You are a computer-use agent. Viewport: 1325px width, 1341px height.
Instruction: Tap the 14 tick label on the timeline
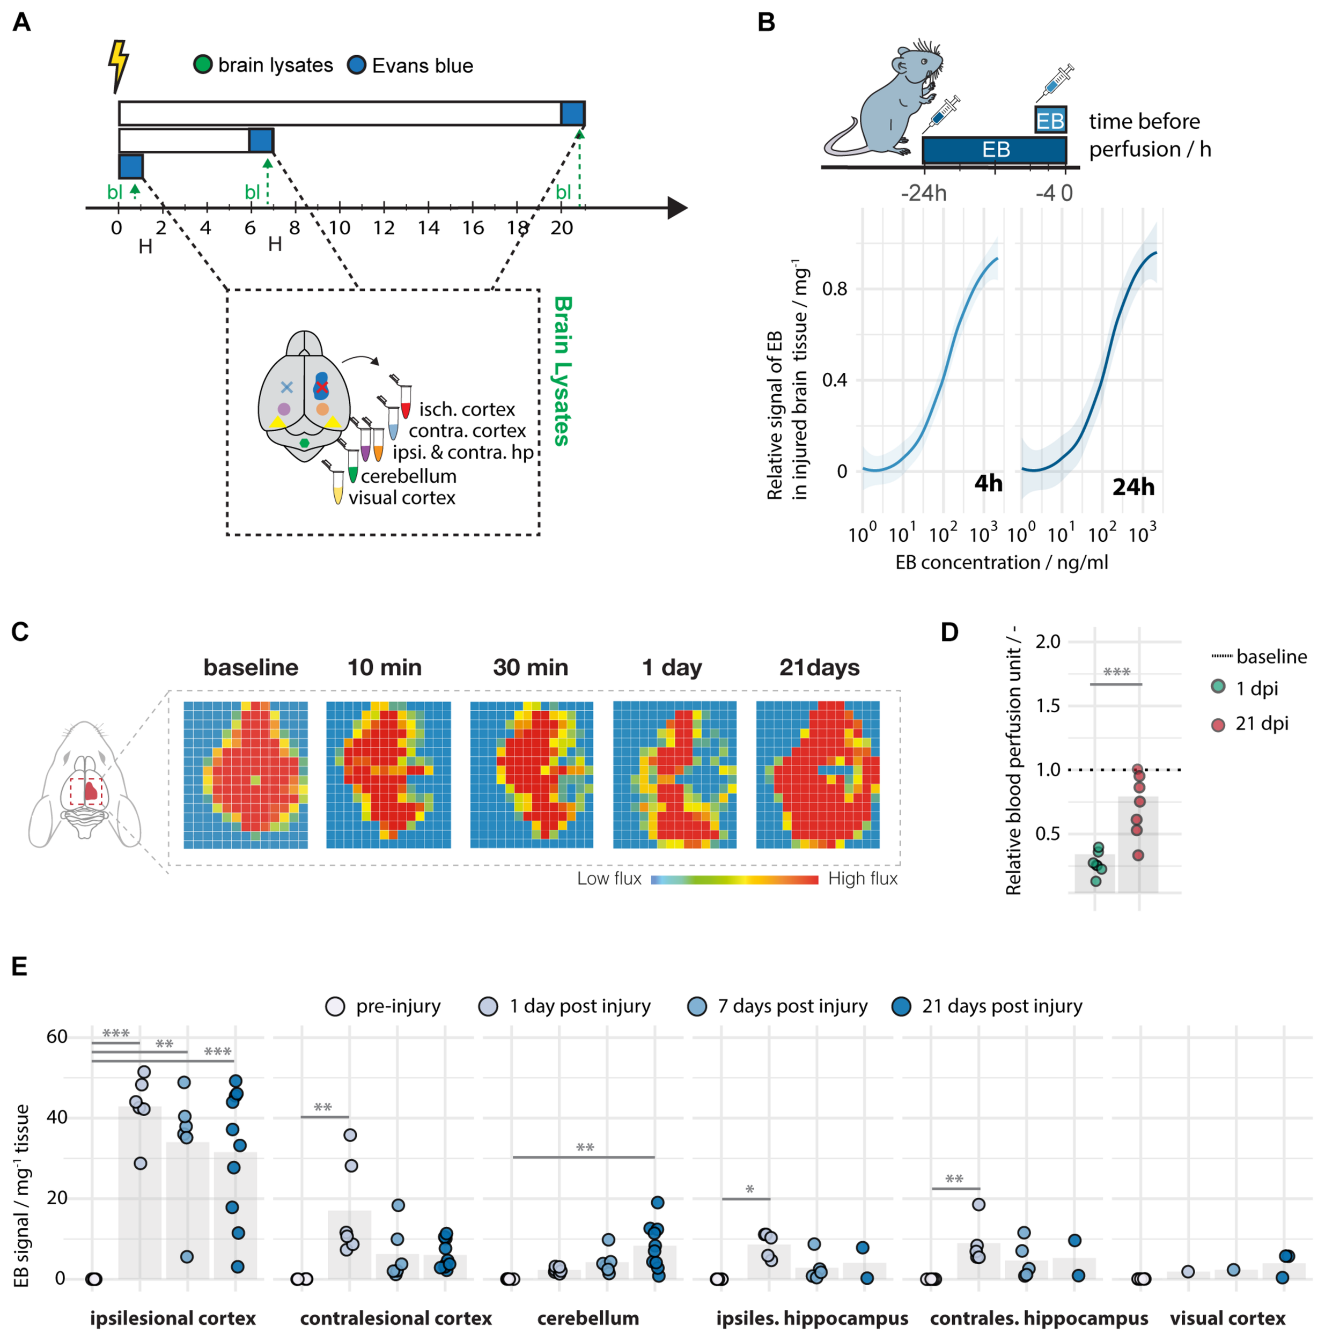coord(428,227)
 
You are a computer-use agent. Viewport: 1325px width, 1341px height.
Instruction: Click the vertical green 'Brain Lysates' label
coord(562,371)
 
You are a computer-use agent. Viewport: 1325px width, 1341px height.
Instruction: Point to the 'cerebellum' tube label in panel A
coord(408,476)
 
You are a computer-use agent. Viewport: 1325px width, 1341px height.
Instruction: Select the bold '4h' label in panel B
coord(988,482)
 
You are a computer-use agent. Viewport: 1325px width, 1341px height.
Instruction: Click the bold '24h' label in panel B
coord(1133,487)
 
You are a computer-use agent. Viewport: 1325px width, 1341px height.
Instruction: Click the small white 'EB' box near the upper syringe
coord(1049,121)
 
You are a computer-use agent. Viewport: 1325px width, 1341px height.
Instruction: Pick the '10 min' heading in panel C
coord(384,667)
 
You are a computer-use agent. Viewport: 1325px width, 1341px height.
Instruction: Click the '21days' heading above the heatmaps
coord(819,667)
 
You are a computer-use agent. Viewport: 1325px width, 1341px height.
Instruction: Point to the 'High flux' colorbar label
coord(862,878)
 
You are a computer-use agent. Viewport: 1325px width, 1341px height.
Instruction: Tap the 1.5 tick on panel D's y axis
coord(1047,705)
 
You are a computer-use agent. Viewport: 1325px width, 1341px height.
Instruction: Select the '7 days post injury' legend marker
coord(697,1006)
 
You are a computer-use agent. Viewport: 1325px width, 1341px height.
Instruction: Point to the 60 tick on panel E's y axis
coord(57,1036)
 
